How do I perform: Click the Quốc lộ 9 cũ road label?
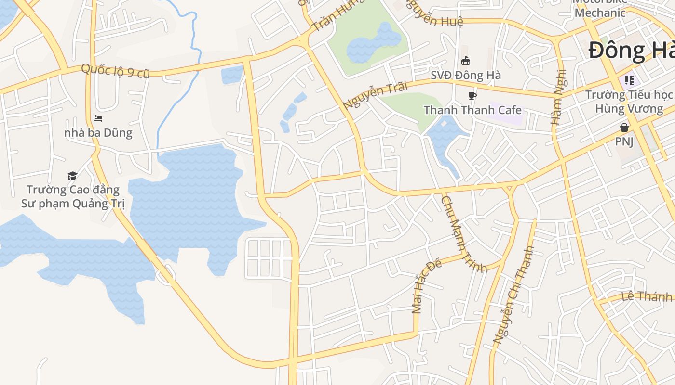click(x=115, y=71)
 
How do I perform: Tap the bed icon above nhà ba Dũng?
click(x=98, y=118)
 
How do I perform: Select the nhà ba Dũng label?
click(x=98, y=132)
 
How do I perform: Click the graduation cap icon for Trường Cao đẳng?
click(x=72, y=176)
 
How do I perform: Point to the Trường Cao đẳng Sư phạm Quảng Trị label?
click(x=73, y=196)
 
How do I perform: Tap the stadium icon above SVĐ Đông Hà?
click(x=466, y=61)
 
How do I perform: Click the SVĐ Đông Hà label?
click(x=466, y=75)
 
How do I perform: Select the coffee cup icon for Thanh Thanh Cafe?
click(x=472, y=96)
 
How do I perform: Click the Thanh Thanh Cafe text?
click(x=472, y=110)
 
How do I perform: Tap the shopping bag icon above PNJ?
click(x=624, y=128)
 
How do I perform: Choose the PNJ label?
click(x=624, y=141)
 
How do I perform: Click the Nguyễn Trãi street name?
click(x=375, y=95)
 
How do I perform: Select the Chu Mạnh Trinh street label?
click(x=463, y=233)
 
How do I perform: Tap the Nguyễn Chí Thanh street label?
click(x=513, y=295)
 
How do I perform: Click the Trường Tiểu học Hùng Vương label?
click(x=629, y=102)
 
